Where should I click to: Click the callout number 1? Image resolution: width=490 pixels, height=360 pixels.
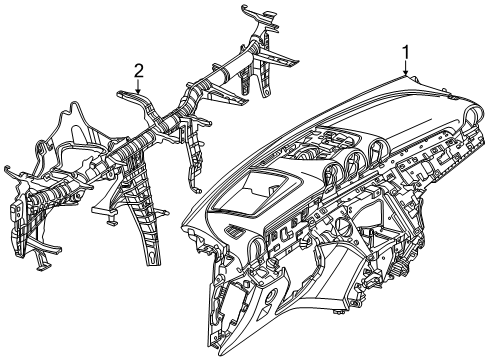point(406,53)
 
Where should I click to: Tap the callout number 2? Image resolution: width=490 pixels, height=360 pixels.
point(139,71)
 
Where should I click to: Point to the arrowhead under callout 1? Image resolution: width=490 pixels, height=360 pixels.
point(406,73)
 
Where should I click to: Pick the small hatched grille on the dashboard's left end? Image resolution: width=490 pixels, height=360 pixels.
point(234,230)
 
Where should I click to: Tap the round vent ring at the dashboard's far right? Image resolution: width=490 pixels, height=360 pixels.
point(472,117)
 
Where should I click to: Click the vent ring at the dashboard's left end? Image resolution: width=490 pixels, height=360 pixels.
point(257,247)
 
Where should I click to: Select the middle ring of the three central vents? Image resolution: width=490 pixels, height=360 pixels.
point(355,160)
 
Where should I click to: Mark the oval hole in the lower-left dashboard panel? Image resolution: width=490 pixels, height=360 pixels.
point(272,295)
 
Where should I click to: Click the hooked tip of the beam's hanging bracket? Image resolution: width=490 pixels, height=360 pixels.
point(197,190)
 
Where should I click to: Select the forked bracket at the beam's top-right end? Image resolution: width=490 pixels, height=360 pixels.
point(261,17)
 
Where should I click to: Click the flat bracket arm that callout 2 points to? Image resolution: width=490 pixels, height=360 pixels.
point(136,99)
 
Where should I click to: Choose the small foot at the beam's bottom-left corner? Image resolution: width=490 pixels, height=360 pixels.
point(42,264)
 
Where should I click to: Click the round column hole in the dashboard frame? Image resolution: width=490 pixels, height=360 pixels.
point(341,225)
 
